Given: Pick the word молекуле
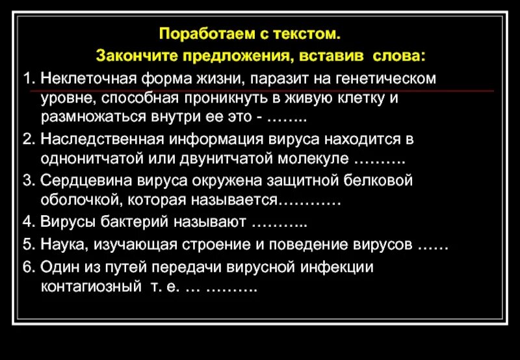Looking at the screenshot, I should (x=311, y=160).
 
